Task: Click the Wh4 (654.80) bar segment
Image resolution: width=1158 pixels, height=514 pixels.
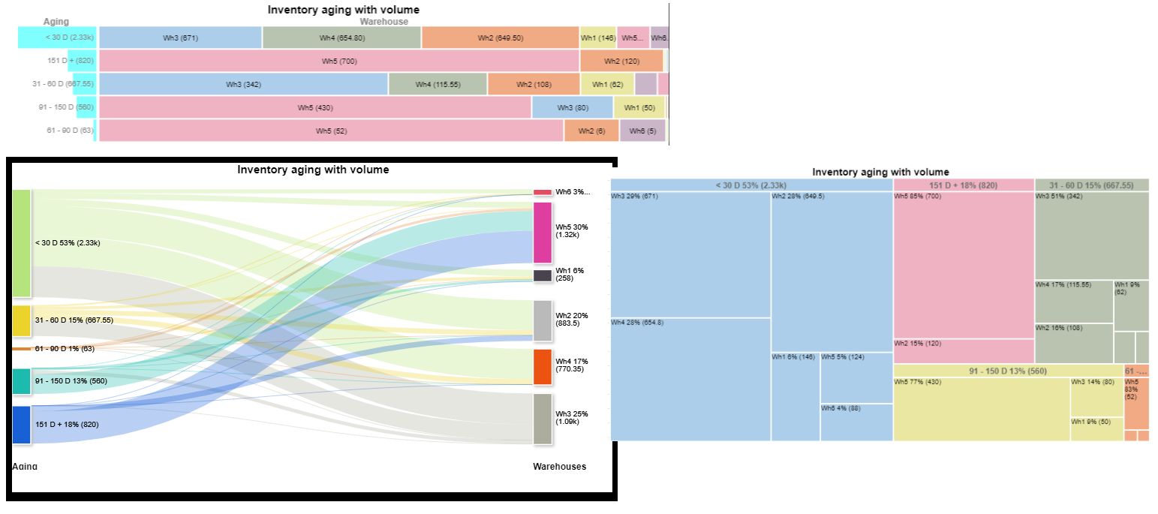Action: click(x=341, y=38)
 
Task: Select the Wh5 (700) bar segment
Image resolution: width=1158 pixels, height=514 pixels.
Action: click(x=339, y=61)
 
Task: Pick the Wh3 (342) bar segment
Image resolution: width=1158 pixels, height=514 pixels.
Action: click(x=243, y=84)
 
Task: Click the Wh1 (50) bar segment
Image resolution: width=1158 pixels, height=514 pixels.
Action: click(x=639, y=107)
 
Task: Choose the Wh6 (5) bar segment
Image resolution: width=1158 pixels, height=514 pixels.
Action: click(x=642, y=131)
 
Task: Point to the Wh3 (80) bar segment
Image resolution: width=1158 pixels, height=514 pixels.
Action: click(x=573, y=107)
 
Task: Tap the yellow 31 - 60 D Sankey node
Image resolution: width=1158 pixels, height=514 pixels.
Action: click(x=21, y=320)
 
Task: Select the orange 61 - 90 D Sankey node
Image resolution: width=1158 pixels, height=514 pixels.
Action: click(x=21, y=349)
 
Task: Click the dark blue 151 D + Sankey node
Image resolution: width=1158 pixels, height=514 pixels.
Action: click(x=21, y=425)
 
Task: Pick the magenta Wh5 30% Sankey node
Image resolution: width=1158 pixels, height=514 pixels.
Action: click(x=543, y=233)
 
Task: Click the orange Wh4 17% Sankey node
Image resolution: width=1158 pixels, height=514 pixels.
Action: click(x=543, y=367)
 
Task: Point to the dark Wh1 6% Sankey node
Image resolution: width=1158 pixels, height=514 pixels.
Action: click(x=543, y=275)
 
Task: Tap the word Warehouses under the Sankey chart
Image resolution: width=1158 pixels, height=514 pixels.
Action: click(x=559, y=467)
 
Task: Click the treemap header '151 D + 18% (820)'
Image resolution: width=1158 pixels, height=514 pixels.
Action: click(x=964, y=185)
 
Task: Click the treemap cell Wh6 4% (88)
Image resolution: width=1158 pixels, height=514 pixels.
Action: click(x=856, y=422)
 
